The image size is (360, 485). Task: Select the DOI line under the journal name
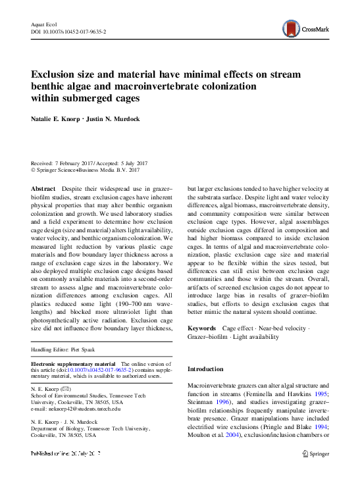pyautogui.click(x=69, y=32)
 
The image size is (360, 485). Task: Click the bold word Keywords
pyautogui.click(x=201, y=327)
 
